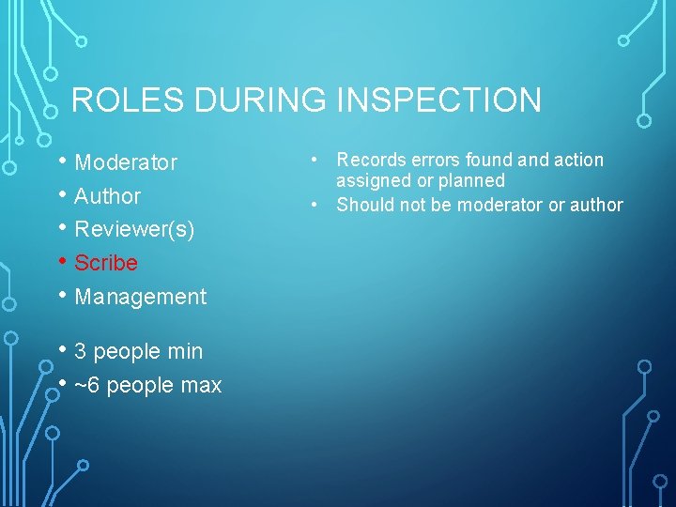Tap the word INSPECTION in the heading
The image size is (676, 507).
tap(437, 100)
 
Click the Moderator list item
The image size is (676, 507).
tap(126, 162)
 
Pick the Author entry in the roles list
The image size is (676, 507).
tap(107, 196)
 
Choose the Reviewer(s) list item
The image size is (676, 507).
tap(134, 229)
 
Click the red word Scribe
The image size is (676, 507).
tap(106, 263)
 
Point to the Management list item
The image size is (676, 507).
tap(140, 297)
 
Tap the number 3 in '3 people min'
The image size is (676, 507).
tap(80, 351)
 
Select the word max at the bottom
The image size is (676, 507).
tap(202, 385)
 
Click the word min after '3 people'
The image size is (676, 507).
tap(184, 351)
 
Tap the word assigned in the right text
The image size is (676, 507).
tap(373, 180)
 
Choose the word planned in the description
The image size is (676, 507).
tap(475, 180)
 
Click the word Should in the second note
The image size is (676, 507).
tap(362, 205)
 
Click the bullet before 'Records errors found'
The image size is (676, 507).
tap(319, 160)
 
